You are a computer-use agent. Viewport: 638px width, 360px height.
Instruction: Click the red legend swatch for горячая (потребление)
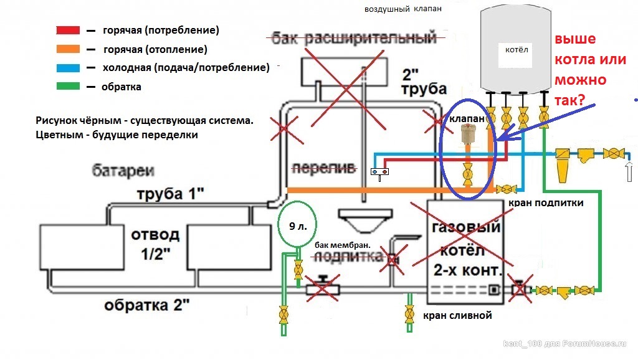[68, 30]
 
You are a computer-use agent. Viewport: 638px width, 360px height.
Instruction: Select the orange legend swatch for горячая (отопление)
[68, 49]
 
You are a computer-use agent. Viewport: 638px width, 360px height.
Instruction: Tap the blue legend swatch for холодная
[68, 67]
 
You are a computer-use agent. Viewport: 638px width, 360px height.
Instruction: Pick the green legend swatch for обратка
[68, 86]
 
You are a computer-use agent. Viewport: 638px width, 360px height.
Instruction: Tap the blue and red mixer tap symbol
[379, 174]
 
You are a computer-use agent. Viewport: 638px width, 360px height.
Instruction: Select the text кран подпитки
[546, 202]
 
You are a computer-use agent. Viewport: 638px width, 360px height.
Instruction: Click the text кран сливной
[457, 315]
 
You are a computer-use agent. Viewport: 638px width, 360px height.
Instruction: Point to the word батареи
[123, 171]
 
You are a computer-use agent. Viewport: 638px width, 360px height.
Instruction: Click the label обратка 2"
[147, 305]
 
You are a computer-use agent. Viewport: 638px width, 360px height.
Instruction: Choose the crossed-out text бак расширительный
[354, 38]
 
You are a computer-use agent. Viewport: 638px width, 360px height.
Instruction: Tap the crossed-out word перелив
[324, 168]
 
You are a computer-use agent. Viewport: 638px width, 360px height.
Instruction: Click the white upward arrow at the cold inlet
[629, 171]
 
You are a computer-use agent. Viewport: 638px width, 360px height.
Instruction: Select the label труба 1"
[171, 194]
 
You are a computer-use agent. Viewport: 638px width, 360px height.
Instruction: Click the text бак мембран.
[343, 245]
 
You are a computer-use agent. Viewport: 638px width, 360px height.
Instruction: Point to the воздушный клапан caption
[403, 9]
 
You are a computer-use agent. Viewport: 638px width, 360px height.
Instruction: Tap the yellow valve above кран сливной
[409, 314]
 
